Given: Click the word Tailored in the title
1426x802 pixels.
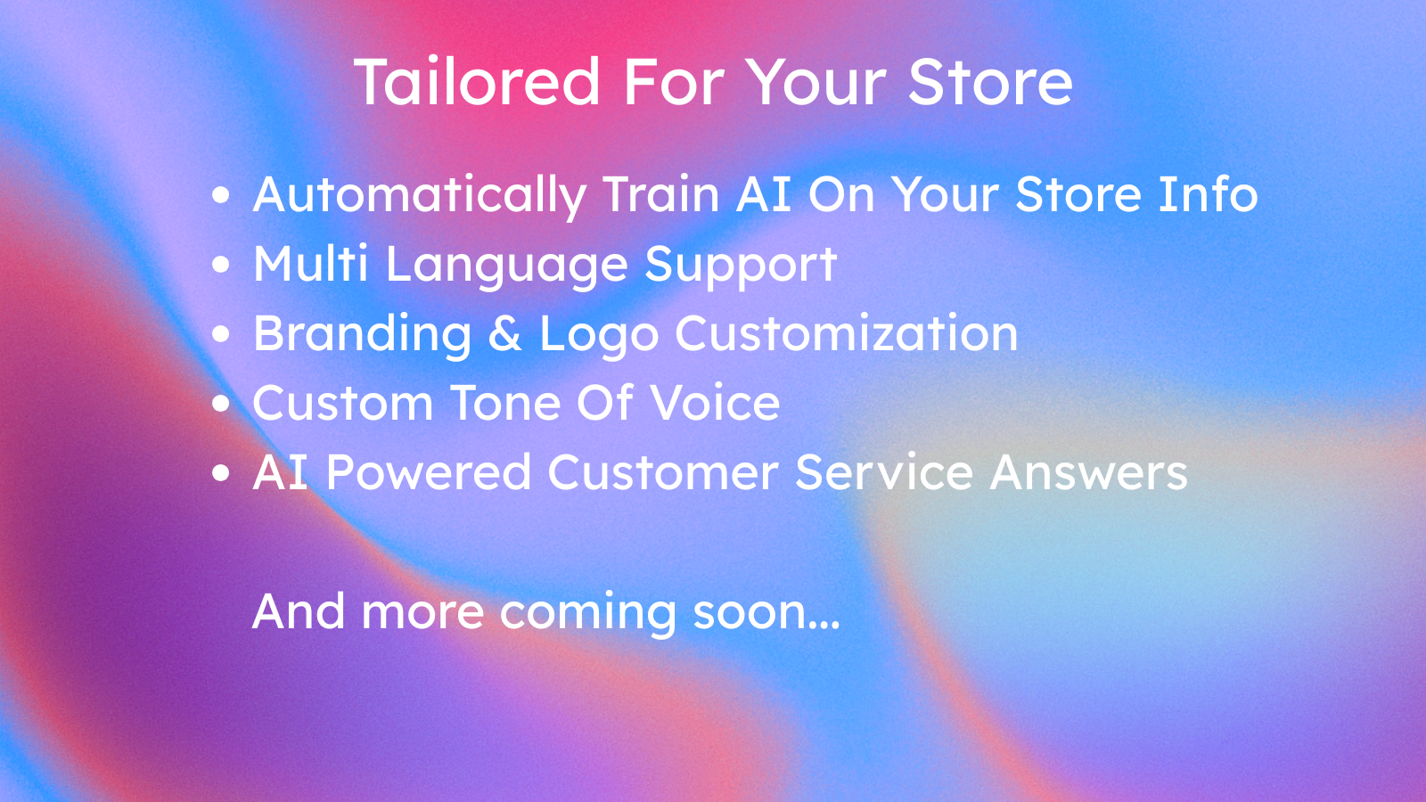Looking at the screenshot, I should [477, 82].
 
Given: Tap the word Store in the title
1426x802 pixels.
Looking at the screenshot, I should [990, 82].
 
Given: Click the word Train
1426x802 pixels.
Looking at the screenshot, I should [661, 194].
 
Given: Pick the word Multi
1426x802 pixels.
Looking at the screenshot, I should [310, 264].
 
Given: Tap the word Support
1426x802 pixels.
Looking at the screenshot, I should [741, 266].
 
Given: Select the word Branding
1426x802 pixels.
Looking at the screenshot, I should [363, 334].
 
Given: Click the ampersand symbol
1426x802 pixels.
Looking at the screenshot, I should [505, 334].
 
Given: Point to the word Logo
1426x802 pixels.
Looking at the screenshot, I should [599, 335].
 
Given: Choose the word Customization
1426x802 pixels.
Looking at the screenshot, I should [846, 334].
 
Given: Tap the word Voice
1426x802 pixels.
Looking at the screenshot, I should [715, 403].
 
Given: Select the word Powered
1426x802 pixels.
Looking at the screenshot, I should [429, 472].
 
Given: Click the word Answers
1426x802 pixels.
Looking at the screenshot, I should [1088, 472].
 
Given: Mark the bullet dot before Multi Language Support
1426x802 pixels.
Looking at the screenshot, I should [221, 265].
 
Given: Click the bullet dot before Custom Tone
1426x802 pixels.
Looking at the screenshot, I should [221, 404].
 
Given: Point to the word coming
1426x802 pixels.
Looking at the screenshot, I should [588, 613].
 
